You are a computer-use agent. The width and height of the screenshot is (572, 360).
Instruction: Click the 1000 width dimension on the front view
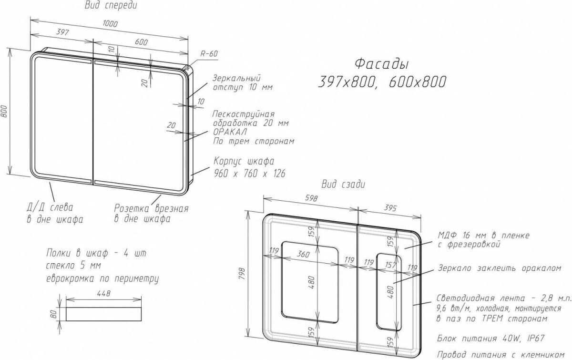point(110,24)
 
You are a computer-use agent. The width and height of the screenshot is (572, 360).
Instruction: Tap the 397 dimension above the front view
point(62,32)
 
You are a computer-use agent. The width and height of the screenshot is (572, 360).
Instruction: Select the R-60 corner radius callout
point(209,54)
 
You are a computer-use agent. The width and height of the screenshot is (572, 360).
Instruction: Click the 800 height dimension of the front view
point(4,112)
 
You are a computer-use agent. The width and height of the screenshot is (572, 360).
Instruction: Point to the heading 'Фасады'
point(381,64)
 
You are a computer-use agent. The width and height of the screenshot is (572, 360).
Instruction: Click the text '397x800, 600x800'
point(382,82)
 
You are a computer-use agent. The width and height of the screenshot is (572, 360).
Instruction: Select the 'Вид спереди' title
point(111,5)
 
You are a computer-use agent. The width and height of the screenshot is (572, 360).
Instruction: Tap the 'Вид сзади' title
point(343,184)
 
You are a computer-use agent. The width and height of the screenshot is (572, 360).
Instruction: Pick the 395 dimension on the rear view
point(390,208)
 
